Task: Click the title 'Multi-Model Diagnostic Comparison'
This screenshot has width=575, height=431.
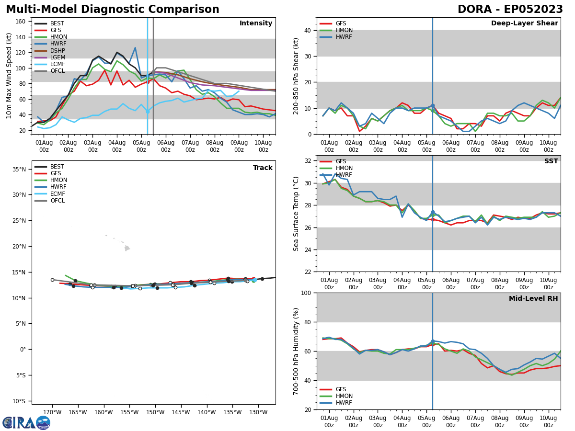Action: [113, 10]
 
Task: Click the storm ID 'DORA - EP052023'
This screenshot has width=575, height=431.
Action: [510, 10]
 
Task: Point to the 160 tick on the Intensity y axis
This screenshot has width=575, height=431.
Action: [21, 22]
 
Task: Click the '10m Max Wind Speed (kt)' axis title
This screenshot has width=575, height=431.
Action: [9, 76]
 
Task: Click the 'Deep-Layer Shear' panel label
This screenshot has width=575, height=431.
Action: [524, 23]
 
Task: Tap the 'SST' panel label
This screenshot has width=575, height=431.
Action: [551, 161]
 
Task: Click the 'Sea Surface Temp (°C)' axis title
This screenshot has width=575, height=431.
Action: [297, 214]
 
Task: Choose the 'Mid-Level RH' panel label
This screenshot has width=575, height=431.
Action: [533, 299]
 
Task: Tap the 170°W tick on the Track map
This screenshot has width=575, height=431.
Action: [52, 412]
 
